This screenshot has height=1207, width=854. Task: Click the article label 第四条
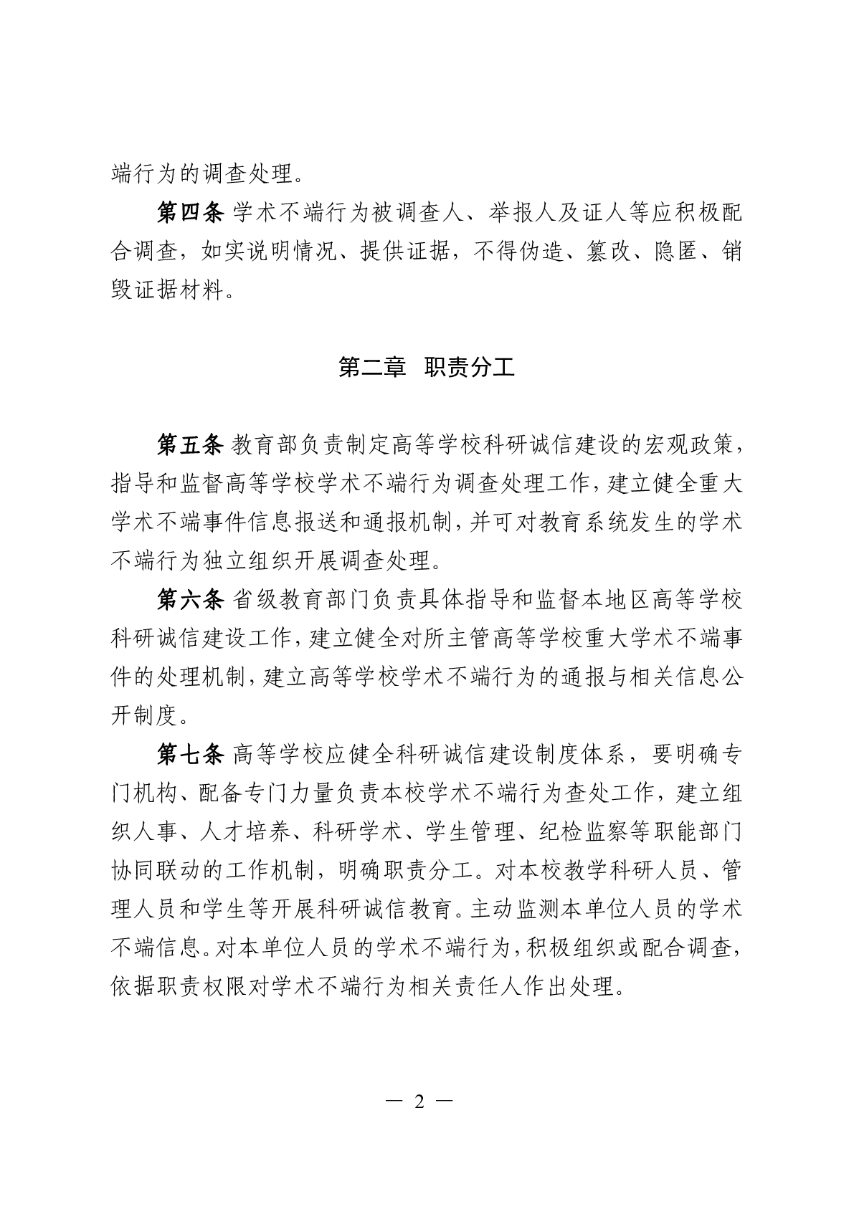(191, 212)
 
